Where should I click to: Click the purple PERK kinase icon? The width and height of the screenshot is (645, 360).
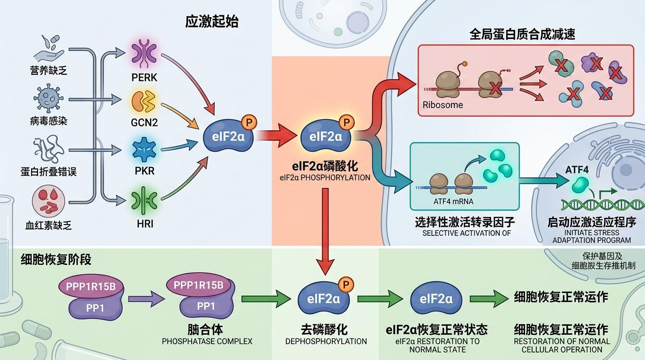(x=144, y=54)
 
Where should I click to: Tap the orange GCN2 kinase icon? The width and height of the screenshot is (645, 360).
(x=144, y=102)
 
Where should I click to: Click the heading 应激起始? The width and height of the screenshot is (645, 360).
(x=211, y=22)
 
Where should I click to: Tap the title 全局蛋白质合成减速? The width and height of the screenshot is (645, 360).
(x=522, y=34)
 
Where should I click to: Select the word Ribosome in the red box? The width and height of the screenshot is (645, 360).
(x=442, y=105)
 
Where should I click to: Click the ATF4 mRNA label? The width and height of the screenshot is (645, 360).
(x=453, y=202)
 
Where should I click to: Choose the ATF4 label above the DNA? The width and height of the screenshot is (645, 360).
(x=577, y=169)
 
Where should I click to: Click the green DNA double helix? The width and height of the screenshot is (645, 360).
(x=602, y=204)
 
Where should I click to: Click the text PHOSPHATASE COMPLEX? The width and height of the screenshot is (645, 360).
(x=207, y=341)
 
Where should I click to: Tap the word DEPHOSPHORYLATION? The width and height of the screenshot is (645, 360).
(x=326, y=341)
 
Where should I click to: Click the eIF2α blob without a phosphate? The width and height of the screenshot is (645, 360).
(x=436, y=299)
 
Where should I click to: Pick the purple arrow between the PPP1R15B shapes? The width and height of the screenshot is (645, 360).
(x=146, y=298)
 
